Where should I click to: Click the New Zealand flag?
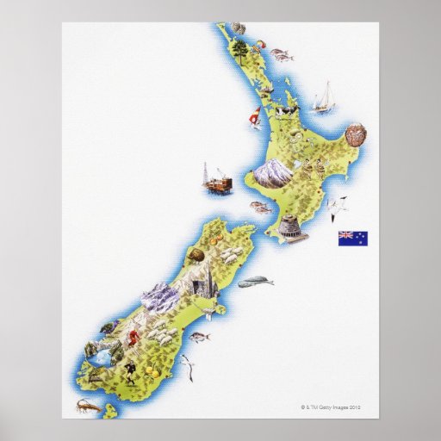pos(351,236)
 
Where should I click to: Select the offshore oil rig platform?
pos(217,178)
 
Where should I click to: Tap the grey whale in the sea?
pos(257,281)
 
